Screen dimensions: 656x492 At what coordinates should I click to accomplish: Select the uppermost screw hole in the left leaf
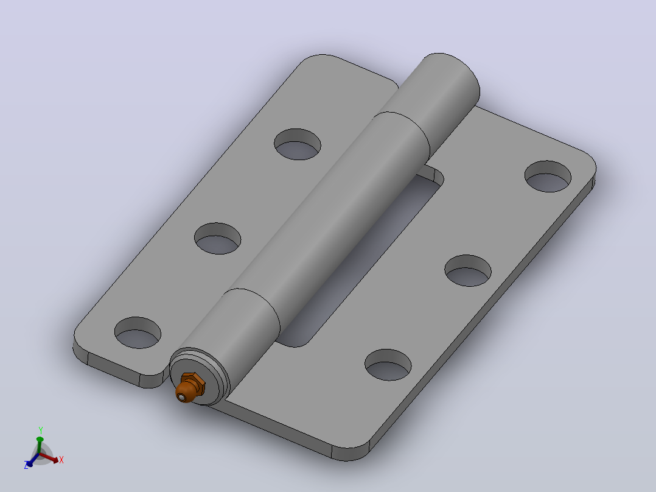[x=298, y=144]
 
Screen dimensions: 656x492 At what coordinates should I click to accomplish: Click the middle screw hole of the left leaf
[x=218, y=238]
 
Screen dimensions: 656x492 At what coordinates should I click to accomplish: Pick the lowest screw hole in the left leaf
[x=138, y=332]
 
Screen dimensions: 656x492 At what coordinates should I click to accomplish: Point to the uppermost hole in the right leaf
[x=548, y=177]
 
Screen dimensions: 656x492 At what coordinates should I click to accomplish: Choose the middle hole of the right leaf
[x=468, y=270]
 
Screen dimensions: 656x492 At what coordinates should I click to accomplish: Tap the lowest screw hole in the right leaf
[x=388, y=365]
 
